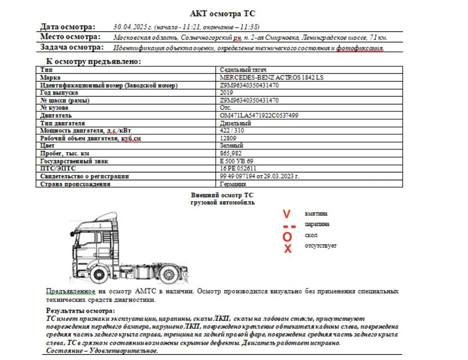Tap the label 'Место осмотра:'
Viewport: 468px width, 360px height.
click(x=70, y=37)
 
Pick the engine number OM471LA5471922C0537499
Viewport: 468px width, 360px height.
click(x=259, y=115)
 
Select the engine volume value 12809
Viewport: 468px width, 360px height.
click(x=229, y=138)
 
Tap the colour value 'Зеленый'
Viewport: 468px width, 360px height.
click(x=232, y=146)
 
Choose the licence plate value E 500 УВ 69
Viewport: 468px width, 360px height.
click(x=237, y=161)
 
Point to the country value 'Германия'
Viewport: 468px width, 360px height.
click(x=233, y=184)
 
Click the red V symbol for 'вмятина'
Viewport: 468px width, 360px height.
click(x=286, y=214)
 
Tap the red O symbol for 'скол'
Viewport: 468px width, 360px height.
click(x=287, y=236)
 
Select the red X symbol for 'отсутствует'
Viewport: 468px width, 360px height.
click(x=287, y=249)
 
